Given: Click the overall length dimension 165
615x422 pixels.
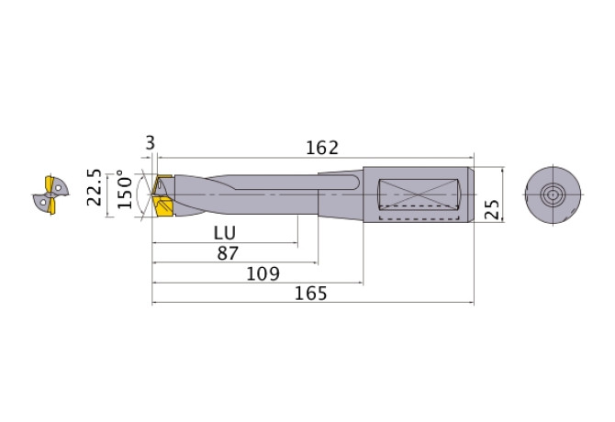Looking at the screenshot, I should (x=311, y=294).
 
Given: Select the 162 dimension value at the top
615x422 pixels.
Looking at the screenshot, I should (x=322, y=147).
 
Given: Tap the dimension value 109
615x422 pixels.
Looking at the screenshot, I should (x=263, y=273).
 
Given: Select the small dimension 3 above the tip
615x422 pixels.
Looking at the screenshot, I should (x=150, y=143).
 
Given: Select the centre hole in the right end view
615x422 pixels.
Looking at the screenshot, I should (x=553, y=194).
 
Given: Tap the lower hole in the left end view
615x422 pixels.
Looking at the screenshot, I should (x=40, y=200).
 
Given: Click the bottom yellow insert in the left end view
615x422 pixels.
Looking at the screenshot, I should (x=50, y=208).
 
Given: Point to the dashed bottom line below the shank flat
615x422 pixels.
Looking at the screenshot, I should (x=418, y=220).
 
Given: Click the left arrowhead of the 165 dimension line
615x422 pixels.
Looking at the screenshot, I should (x=155, y=304).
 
